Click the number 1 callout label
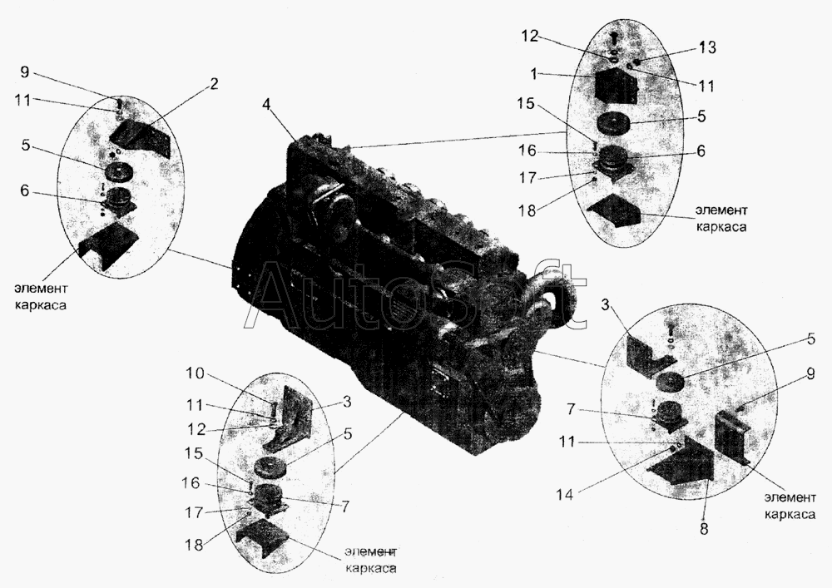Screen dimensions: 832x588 coord(533,74)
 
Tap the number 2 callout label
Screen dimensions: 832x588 coord(213,84)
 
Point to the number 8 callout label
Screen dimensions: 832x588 coord(704,529)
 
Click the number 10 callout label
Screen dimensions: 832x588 coord(195,373)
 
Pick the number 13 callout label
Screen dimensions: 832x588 coord(706,47)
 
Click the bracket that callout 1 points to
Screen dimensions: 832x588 coord(615,87)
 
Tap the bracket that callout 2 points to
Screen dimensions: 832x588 coord(141,138)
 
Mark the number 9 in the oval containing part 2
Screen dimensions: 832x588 coord(24,72)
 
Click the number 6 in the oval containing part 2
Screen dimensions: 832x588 coord(24,190)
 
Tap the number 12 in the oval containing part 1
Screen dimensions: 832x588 coord(529,36)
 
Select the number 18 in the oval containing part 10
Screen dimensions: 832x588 coord(195,544)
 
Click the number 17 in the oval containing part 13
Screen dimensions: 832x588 coord(527,177)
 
